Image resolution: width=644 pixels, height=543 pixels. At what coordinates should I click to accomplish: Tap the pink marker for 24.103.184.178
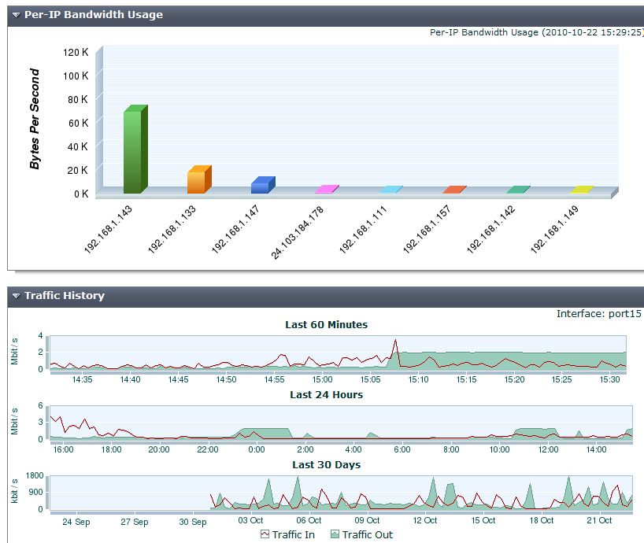(326, 190)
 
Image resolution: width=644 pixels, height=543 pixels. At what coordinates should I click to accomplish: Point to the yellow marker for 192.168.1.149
(581, 190)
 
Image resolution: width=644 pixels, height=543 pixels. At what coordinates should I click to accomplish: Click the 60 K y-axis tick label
(78, 123)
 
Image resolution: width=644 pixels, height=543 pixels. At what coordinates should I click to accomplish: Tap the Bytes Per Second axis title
(35, 119)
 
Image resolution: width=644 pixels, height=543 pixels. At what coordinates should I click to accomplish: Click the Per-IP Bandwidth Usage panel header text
(93, 14)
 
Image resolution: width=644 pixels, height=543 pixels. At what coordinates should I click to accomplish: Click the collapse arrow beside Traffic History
(16, 296)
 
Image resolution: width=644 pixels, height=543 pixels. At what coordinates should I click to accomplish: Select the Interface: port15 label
(598, 313)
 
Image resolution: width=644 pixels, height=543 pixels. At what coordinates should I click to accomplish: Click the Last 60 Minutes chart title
(326, 324)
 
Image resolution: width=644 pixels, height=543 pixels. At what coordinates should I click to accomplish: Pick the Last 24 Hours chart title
(326, 394)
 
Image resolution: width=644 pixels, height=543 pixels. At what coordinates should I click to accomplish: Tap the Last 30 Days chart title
(326, 464)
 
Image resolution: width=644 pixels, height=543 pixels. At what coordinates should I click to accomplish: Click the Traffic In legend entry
(287, 534)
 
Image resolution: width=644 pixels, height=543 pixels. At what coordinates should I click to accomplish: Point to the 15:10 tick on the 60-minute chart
(418, 379)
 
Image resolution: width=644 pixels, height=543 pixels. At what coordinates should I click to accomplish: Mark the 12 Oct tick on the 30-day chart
(425, 520)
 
